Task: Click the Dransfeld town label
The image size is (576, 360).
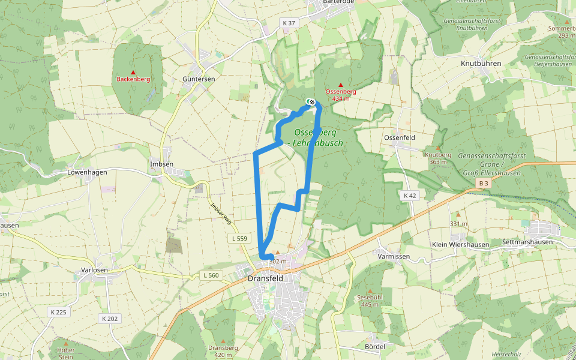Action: click(265, 278)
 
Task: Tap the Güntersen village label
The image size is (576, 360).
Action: click(198, 79)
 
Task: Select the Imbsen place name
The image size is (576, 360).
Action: click(161, 164)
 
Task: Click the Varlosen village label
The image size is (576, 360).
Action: click(94, 270)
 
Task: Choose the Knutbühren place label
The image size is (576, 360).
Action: click(481, 63)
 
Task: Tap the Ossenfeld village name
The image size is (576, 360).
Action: click(400, 137)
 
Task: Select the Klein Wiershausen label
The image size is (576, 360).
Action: click(460, 245)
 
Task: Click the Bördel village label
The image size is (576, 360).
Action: click(374, 347)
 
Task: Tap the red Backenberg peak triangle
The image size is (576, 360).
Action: click(133, 72)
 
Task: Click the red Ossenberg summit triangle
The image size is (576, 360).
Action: click(341, 85)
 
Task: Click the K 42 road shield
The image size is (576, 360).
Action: click(410, 196)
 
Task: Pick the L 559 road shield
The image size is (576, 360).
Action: click(239, 238)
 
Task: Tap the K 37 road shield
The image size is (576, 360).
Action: click(289, 23)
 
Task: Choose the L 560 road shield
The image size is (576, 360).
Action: click(211, 275)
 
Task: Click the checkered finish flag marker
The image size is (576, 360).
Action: click(311, 101)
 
